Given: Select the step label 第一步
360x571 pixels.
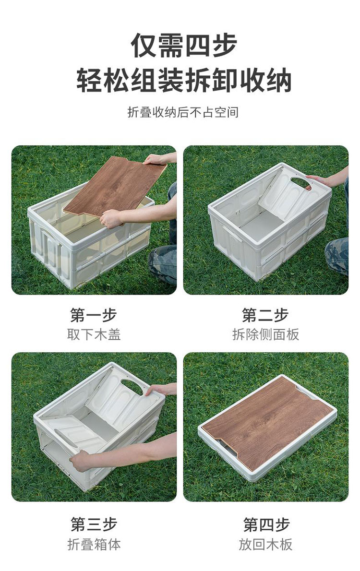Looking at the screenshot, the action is click(94, 315).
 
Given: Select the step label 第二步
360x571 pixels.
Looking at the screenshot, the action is click(265, 315).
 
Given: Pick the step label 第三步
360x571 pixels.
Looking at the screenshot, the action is click(94, 524).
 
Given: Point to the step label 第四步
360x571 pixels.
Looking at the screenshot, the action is click(266, 524).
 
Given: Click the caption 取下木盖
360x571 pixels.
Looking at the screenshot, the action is click(94, 334).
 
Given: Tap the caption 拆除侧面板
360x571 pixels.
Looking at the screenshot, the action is click(265, 334).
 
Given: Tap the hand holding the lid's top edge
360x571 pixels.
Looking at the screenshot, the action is click(155, 159).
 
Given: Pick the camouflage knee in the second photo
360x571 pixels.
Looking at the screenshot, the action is click(336, 255).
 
